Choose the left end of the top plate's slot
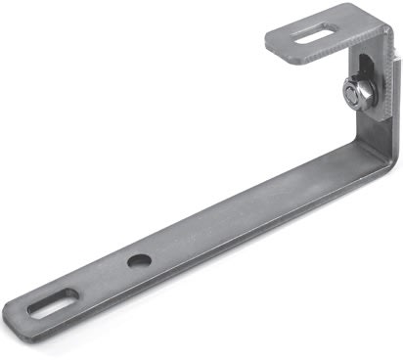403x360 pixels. click(297, 41)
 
